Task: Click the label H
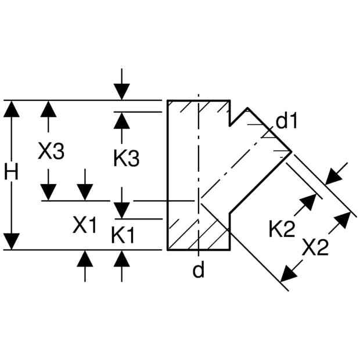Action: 11,172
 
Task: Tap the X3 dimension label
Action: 51,151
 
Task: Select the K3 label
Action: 127,158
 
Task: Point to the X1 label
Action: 85,225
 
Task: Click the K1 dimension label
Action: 123,235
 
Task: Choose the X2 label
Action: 315,247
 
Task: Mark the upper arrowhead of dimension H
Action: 11,109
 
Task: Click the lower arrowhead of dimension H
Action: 11,242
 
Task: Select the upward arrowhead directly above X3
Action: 48,109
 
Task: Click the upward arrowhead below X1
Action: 85,258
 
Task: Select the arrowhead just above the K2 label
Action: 309,202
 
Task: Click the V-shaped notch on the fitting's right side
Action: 230,125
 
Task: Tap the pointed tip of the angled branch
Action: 291,152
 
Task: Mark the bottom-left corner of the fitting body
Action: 168,250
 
